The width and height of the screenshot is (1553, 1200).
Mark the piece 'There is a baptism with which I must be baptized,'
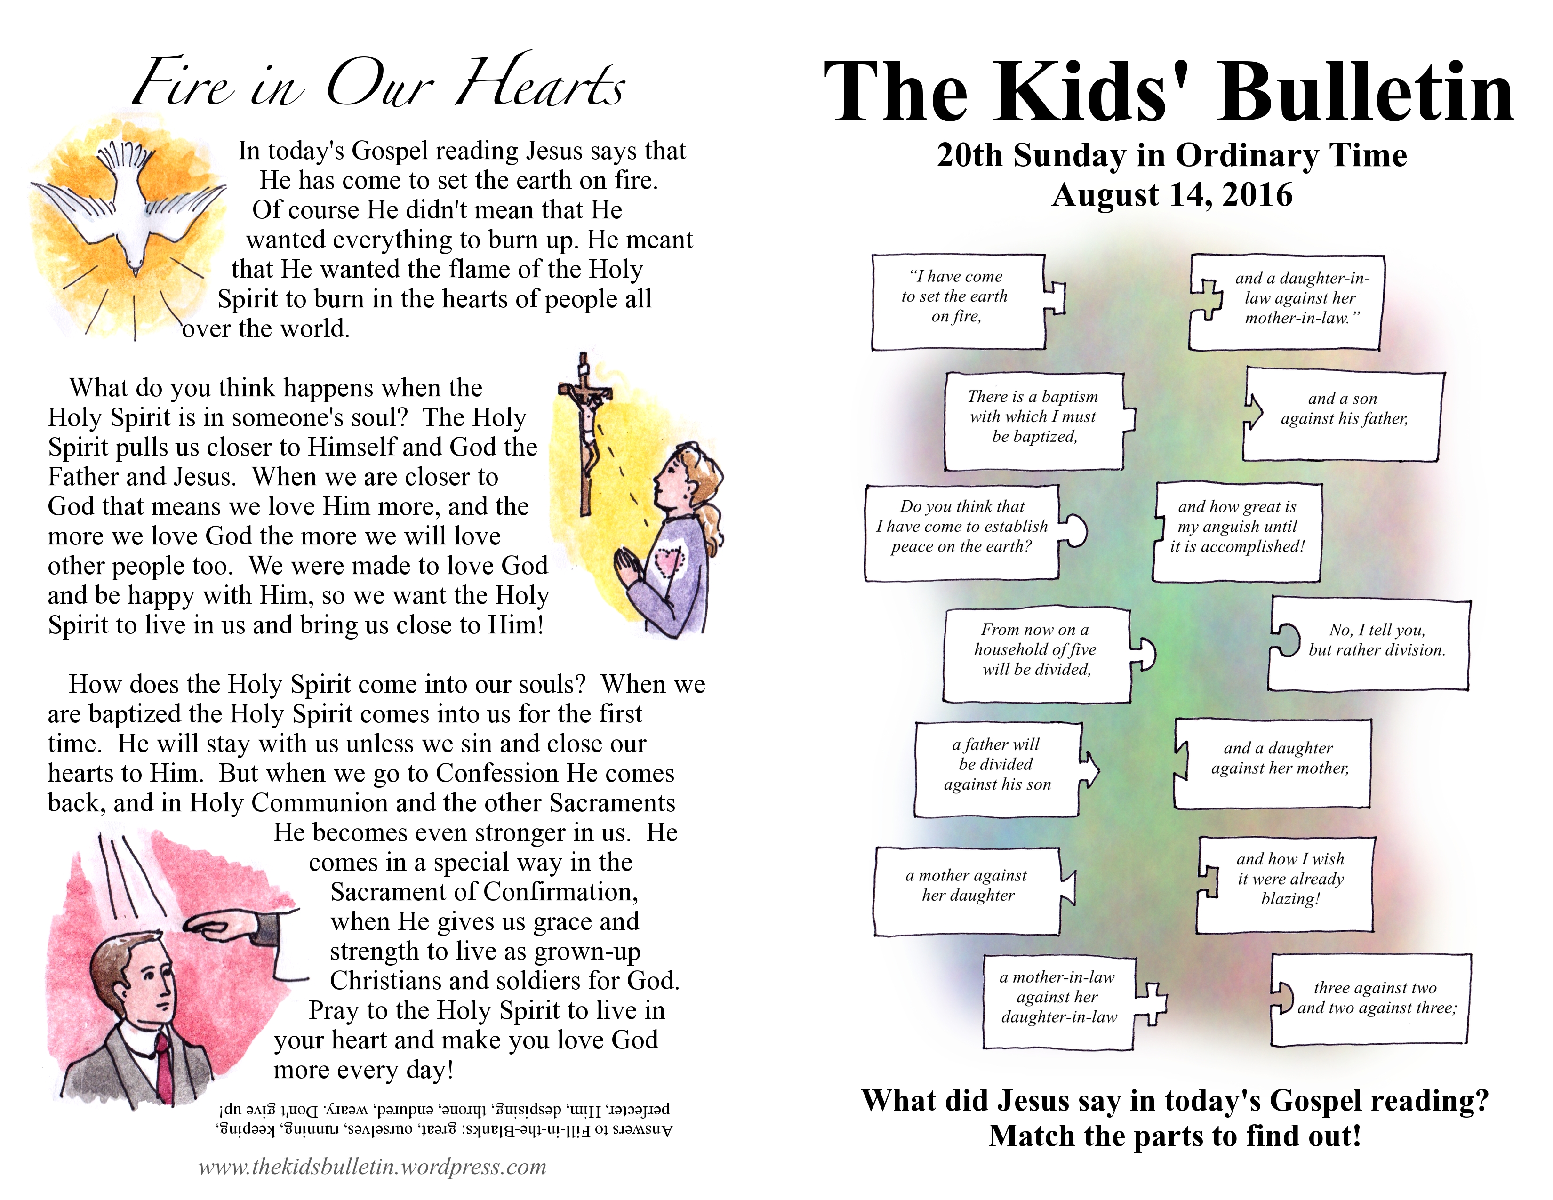point(1033,421)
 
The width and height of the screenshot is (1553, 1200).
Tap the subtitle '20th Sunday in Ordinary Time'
point(1172,155)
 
